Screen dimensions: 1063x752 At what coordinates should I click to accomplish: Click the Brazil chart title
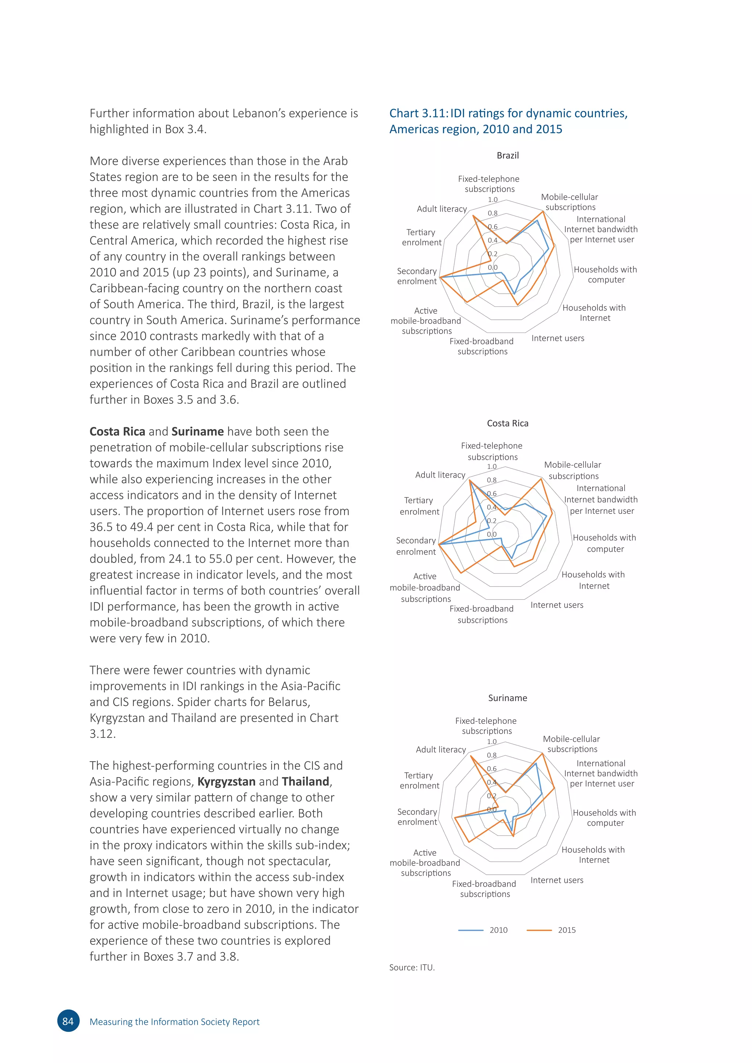click(x=507, y=156)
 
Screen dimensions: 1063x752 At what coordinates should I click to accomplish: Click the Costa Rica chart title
click(x=507, y=423)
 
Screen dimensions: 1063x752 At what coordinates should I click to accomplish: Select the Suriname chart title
click(x=507, y=698)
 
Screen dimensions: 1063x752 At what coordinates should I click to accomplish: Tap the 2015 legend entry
click(x=552, y=930)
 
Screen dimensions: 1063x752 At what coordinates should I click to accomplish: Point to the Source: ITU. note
click(x=412, y=967)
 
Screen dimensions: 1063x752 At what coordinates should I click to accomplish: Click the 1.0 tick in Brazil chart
click(x=493, y=200)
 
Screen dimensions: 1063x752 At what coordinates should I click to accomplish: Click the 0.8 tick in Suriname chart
click(x=492, y=755)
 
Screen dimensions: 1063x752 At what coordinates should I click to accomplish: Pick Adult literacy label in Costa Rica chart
click(x=440, y=475)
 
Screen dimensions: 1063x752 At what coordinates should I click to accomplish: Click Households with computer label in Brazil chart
click(x=605, y=275)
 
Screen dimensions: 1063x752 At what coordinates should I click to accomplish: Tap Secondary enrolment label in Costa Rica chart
click(x=416, y=546)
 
